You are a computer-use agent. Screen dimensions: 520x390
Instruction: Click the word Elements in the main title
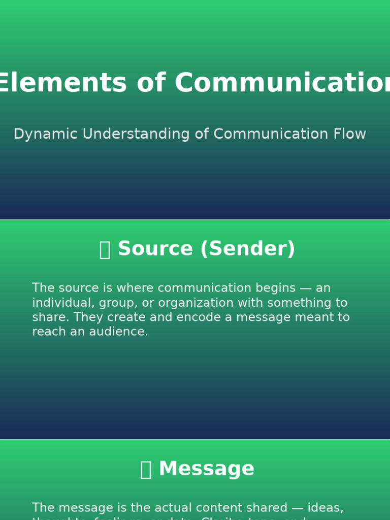(61, 83)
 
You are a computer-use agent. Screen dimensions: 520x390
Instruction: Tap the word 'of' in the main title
(151, 83)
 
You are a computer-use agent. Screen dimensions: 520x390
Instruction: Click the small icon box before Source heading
(105, 250)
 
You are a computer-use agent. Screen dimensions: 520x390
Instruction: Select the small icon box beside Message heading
(146, 470)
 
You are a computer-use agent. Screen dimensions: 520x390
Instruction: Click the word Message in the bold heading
(206, 469)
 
